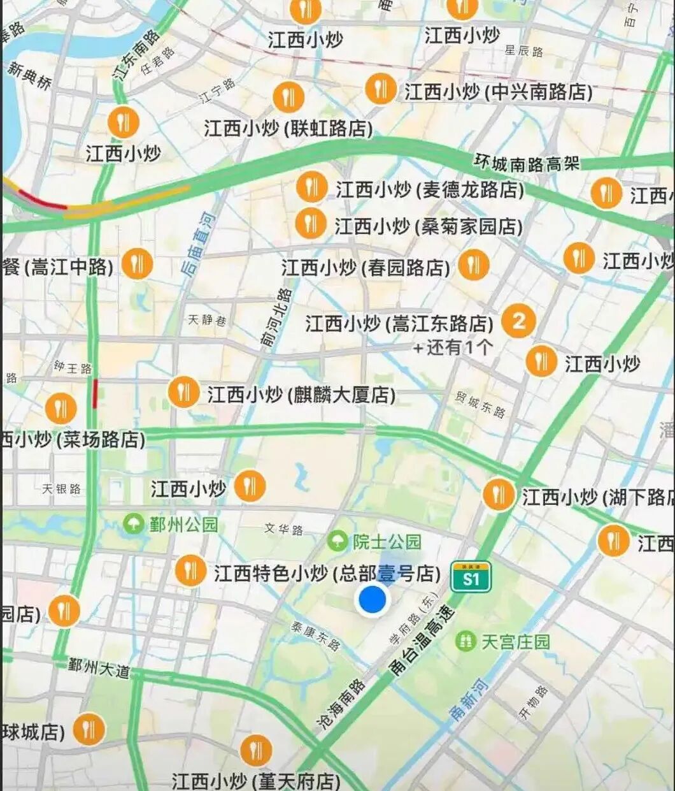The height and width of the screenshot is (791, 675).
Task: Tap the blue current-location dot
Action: tap(373, 600)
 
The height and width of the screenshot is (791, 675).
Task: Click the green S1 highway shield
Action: tap(471, 577)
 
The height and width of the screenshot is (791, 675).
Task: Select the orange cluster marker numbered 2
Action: tap(518, 321)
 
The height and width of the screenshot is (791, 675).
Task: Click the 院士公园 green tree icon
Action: tap(337, 542)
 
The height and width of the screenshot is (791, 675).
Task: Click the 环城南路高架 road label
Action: tap(527, 163)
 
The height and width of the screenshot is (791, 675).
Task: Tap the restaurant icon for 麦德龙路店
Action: tap(311, 188)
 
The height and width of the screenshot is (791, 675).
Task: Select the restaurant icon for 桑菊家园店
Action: tap(311, 224)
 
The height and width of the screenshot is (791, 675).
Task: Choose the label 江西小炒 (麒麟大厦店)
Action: tap(301, 395)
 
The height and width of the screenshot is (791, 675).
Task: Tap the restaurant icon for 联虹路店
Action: tap(288, 98)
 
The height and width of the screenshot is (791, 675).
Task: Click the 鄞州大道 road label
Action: tap(99, 667)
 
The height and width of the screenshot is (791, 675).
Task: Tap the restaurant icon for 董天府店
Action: tap(256, 750)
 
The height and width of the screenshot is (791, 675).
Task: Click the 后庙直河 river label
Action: tap(198, 245)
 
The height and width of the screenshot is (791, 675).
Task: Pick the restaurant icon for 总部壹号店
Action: tap(190, 570)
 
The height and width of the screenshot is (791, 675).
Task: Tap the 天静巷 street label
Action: tap(206, 320)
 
